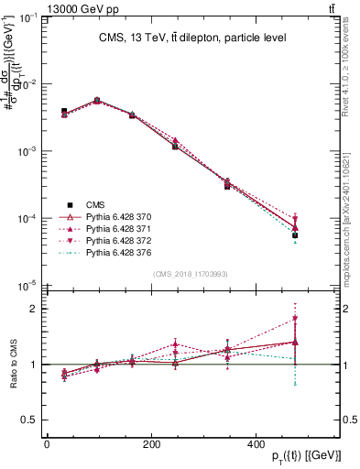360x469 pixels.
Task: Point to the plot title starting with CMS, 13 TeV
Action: pos(191,38)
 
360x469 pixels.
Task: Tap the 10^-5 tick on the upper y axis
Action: pos(30,287)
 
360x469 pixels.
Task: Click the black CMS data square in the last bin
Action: pos(295,235)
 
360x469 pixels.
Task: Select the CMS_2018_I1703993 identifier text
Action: pos(191,275)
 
